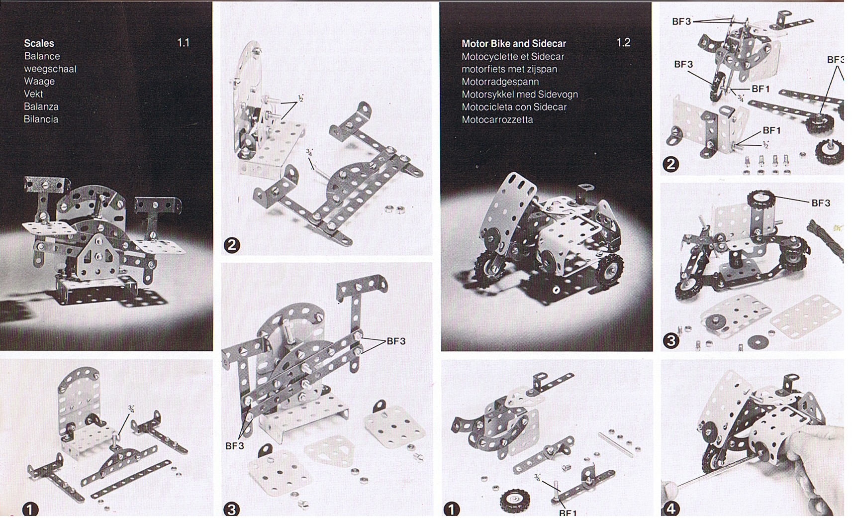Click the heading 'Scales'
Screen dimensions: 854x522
coord(39,43)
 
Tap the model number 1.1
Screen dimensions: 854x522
coord(183,43)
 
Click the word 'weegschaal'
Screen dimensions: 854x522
coord(50,69)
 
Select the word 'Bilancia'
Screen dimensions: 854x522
coord(41,119)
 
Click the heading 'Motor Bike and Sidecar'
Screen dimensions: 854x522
coord(514,44)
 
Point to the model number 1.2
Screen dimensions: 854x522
coord(623,43)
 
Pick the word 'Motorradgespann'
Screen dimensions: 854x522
coord(500,82)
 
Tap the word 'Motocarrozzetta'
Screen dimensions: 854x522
coord(497,119)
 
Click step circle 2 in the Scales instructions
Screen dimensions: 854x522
coord(232,245)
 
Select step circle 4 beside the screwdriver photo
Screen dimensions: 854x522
coord(671,509)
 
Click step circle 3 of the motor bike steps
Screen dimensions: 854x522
coord(671,340)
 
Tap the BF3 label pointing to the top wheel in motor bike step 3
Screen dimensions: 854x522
coord(821,203)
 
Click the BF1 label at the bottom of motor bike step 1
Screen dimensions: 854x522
coord(568,513)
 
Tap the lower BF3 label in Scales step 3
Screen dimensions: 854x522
coord(235,446)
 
